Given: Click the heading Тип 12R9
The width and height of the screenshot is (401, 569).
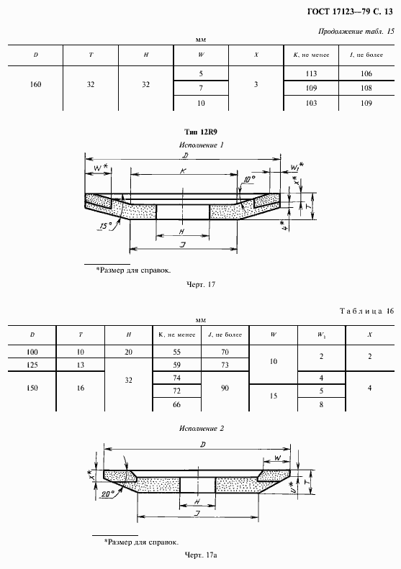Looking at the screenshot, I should (x=202, y=132).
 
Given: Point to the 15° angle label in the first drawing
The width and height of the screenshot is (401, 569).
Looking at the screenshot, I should (x=105, y=227).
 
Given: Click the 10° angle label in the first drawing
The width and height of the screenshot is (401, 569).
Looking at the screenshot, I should (x=250, y=179).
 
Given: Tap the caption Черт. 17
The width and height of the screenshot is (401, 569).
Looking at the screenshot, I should (x=201, y=284).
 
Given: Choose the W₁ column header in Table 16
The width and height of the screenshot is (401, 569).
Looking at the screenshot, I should (x=320, y=334).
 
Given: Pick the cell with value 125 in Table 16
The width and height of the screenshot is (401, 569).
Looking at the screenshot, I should (x=32, y=365).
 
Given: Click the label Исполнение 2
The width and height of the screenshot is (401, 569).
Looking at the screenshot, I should (x=202, y=428).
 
